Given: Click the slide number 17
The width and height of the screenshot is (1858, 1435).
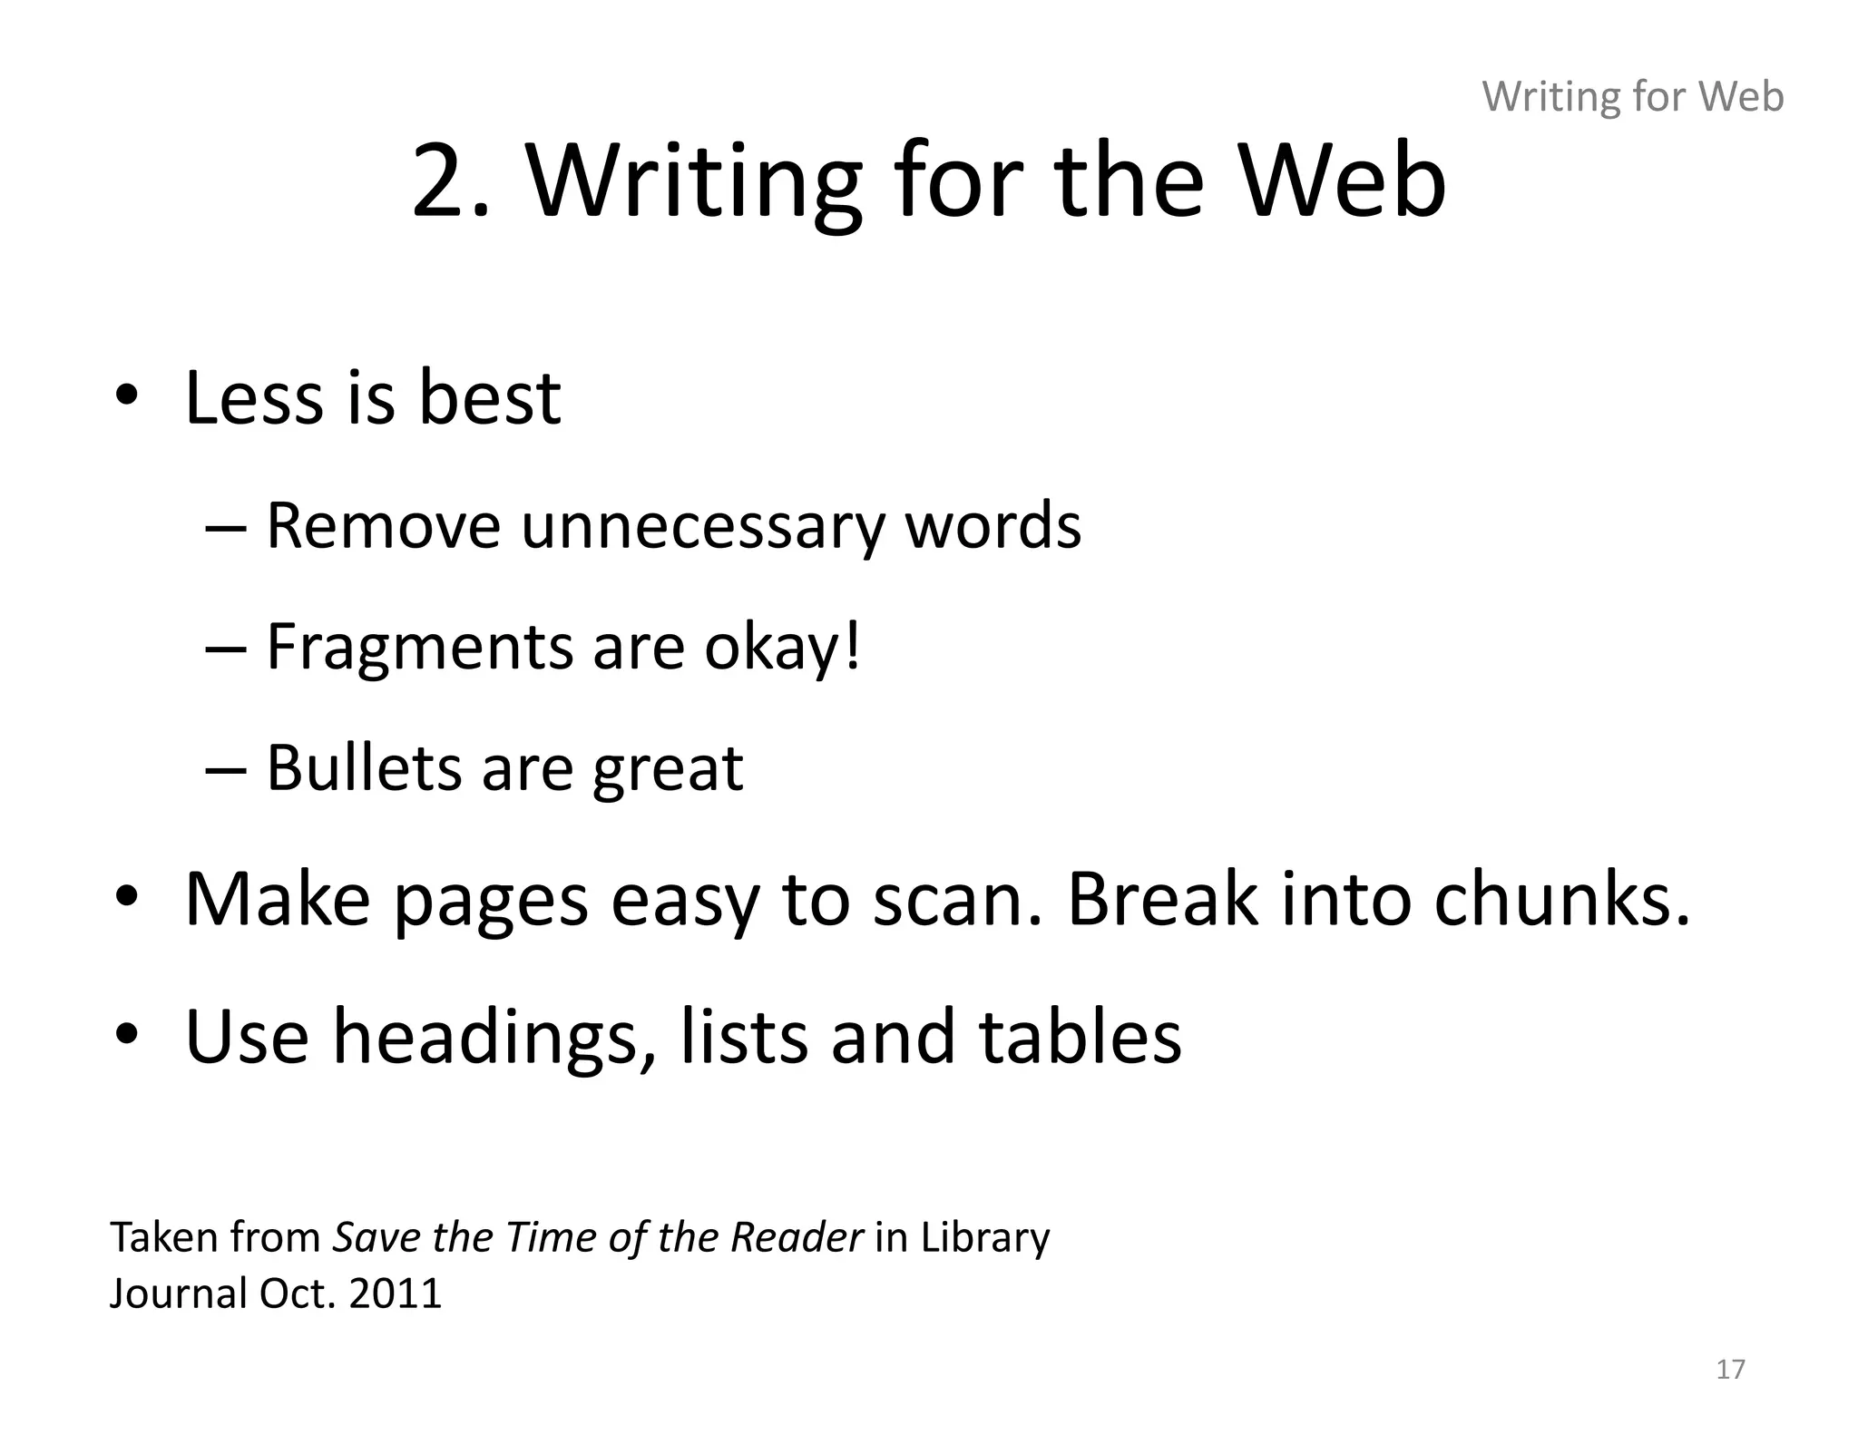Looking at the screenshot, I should pos(1730,1369).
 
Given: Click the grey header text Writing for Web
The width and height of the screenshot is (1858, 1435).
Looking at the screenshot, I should pos(1632,96).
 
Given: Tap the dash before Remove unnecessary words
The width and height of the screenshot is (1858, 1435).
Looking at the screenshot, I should pos(226,527).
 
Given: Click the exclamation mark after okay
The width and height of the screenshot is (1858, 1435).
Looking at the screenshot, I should pos(851,646).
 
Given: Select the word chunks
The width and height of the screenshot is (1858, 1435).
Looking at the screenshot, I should pos(1561,898).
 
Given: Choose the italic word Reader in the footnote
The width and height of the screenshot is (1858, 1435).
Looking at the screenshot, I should pos(797,1237).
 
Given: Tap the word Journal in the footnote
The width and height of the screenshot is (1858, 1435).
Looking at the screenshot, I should pos(178,1293).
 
